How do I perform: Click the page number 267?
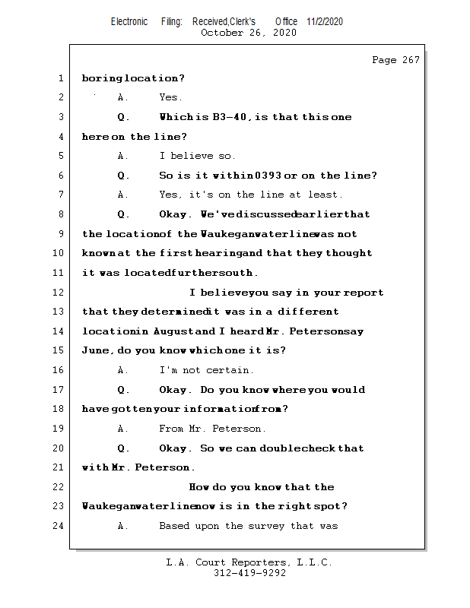(409, 60)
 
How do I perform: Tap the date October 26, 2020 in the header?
(248, 33)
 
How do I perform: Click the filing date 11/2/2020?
(325, 21)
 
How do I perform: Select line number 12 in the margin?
(60, 293)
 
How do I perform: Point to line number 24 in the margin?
(60, 526)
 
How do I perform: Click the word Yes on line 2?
(170, 97)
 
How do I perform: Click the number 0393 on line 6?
(248, 176)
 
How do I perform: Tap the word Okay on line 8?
(173, 214)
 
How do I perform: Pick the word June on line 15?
(96, 350)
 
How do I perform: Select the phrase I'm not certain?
(206, 370)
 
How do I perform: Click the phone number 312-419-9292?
(249, 574)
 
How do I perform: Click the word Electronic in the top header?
(129, 21)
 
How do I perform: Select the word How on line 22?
(199, 487)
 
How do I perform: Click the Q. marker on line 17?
(123, 390)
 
